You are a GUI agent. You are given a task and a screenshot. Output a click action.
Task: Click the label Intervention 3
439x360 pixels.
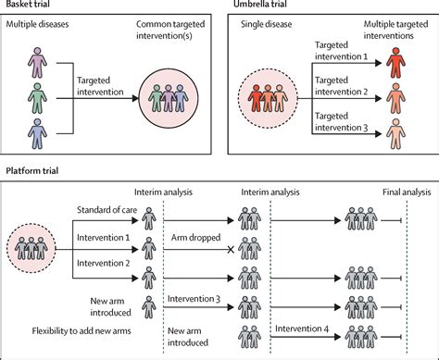coord(195,300)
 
